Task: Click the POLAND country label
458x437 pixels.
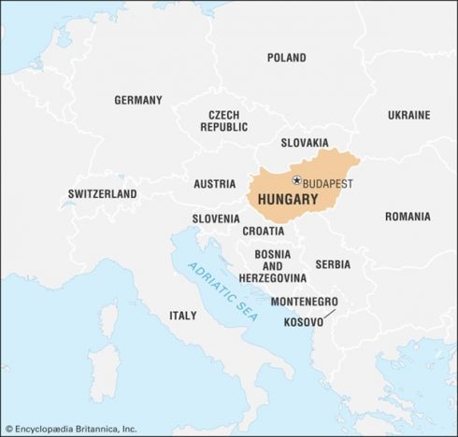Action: coord(286,58)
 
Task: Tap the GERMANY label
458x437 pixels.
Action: coord(138,100)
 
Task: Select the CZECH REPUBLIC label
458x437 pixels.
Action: coord(223,120)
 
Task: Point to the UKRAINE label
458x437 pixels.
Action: coord(409,115)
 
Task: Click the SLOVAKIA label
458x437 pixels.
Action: coord(305,143)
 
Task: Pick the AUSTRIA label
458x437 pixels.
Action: coord(215,184)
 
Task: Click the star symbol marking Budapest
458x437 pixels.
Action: coord(296,180)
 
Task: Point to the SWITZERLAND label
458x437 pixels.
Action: coord(102,194)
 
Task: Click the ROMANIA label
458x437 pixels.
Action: coord(408,217)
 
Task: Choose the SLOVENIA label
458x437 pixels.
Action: coord(216,218)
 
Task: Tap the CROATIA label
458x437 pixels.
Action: coord(264,231)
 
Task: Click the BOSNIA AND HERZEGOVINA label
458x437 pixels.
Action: coord(272,266)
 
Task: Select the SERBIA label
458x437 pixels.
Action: coord(333,264)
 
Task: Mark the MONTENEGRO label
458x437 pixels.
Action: coord(304,302)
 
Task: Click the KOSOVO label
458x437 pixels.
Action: coord(304,321)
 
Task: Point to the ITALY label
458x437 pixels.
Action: coord(183,316)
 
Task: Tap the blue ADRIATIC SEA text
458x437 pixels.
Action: coord(220,288)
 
